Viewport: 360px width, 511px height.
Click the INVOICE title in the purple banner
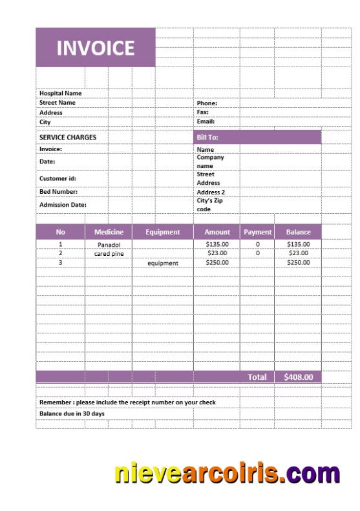point(96,48)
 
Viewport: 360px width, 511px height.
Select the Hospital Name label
point(61,93)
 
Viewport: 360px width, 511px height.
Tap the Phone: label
point(207,103)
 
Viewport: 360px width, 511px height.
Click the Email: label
point(206,121)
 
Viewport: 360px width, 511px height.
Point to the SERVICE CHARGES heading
point(68,137)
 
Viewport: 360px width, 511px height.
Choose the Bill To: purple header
point(207,137)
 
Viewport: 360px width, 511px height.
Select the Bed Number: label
point(59,191)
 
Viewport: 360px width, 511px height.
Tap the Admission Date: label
point(63,205)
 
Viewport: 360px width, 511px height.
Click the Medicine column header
point(109,232)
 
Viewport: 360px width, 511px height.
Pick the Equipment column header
point(162,232)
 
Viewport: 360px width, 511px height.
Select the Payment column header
point(257,232)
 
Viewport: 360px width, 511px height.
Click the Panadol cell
point(109,245)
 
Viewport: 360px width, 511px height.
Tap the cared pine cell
point(109,254)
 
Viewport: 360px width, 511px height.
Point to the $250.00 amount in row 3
point(217,263)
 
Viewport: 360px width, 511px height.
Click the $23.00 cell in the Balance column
point(299,253)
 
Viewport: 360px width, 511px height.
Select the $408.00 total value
point(298,377)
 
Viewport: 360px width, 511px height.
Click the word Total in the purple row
point(257,377)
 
